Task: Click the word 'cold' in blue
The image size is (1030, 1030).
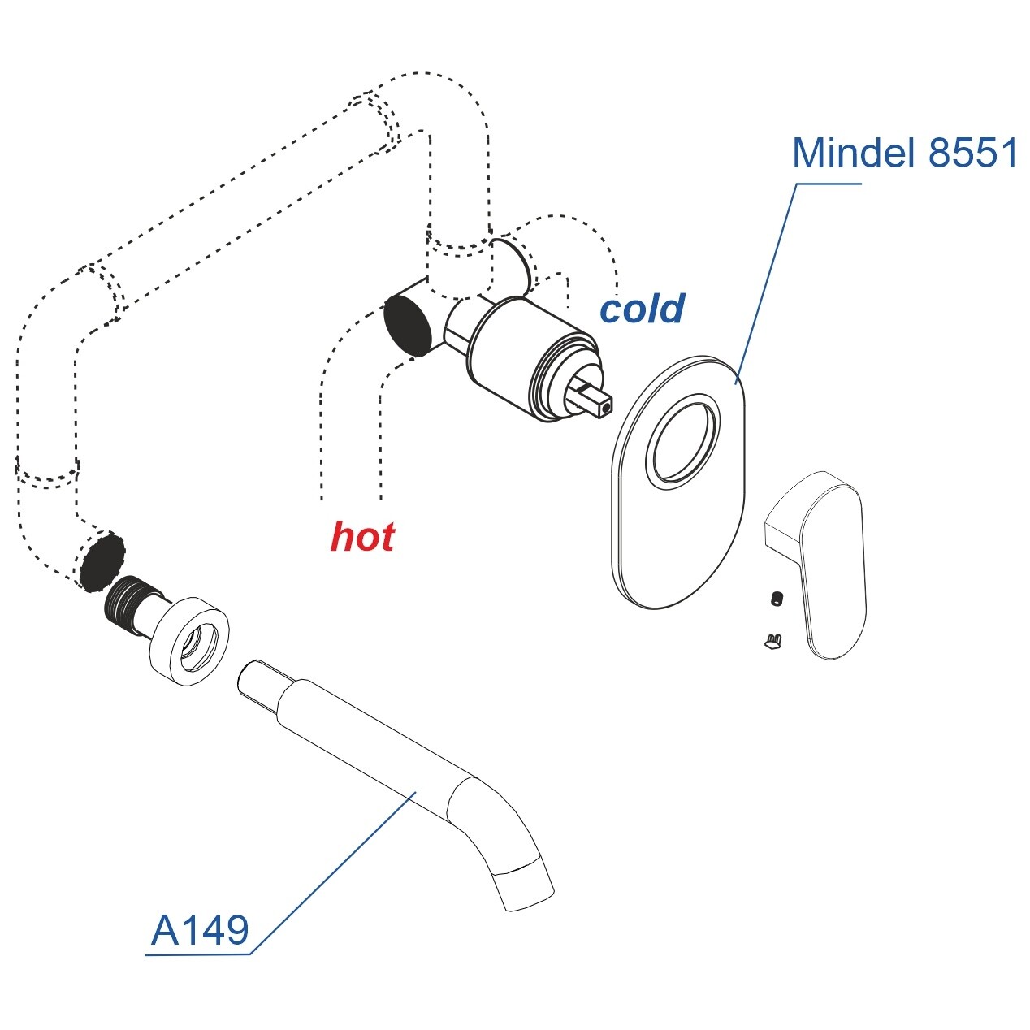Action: pos(642,309)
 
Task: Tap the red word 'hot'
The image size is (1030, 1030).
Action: pos(362,538)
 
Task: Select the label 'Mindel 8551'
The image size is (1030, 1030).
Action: pos(905,153)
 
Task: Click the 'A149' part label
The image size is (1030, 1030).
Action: pos(200,930)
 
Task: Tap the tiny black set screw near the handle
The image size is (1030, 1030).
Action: pos(777,599)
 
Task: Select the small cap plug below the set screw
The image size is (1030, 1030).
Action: pos(772,642)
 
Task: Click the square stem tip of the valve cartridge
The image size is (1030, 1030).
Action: pos(602,405)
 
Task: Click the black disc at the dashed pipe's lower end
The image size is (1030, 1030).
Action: pos(102,560)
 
